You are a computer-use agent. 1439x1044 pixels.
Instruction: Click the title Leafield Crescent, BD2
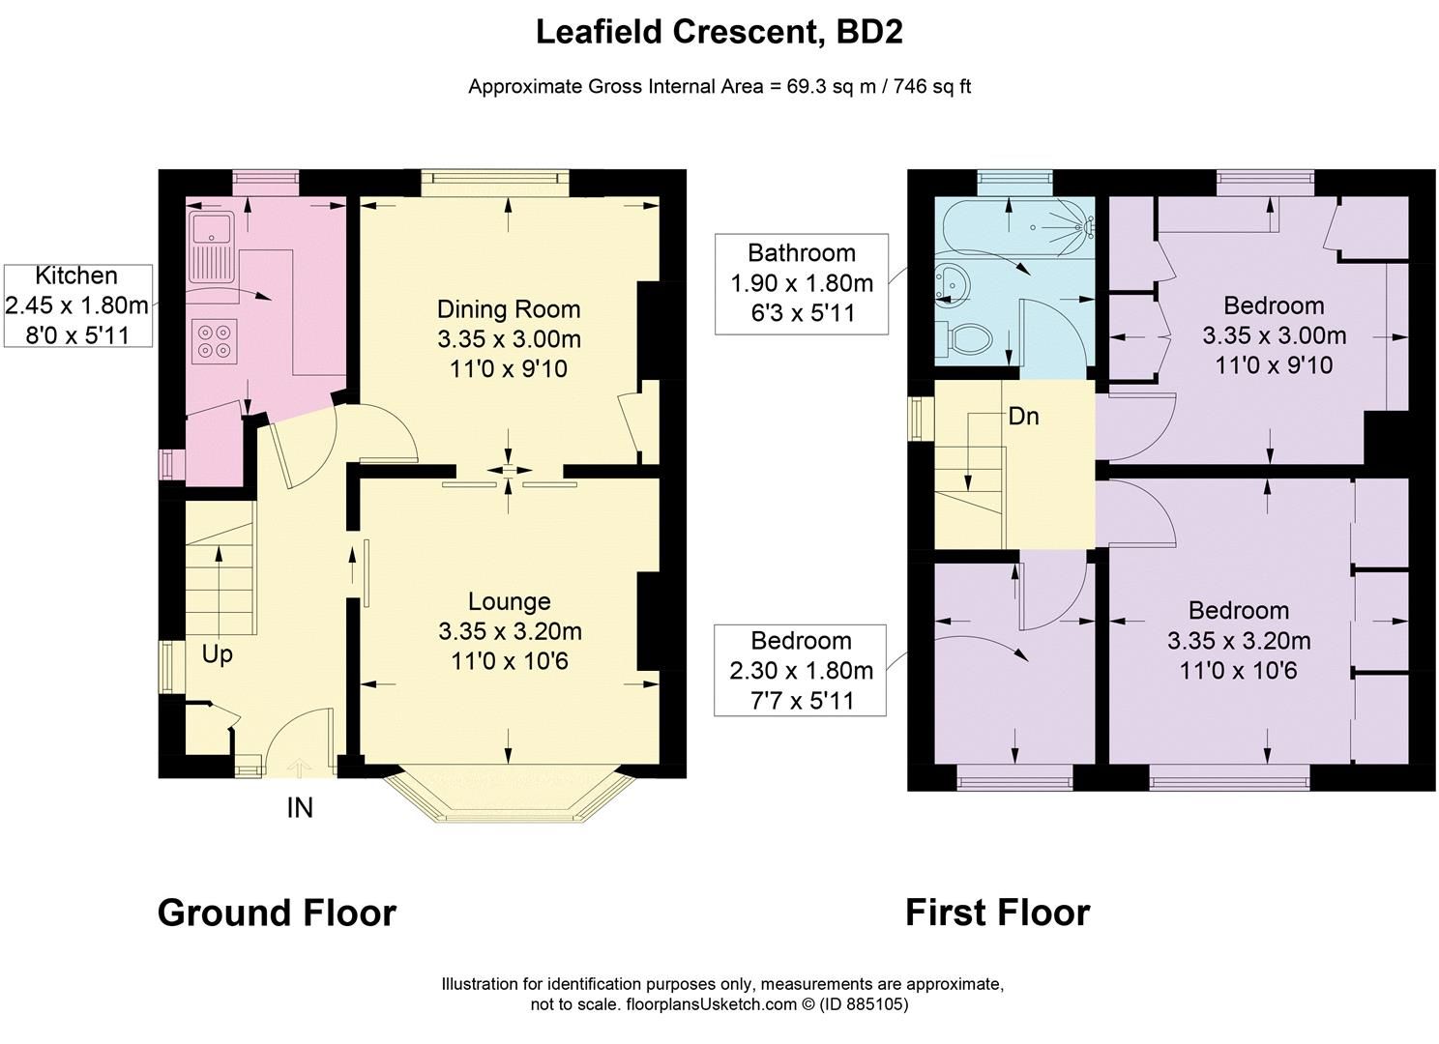coord(719,32)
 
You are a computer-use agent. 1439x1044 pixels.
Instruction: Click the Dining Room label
coord(509,309)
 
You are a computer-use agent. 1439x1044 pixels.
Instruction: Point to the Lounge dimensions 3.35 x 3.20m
coord(510,632)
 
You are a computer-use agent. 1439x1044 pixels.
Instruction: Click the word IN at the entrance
coord(300,807)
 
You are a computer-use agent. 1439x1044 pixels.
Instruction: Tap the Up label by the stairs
coord(217,654)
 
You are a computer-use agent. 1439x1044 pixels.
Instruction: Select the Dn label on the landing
coord(1023,416)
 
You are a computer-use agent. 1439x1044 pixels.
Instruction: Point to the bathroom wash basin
coord(952,283)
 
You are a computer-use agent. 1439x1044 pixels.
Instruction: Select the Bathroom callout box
coord(801,283)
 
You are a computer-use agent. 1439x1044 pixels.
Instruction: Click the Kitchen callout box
coord(76,305)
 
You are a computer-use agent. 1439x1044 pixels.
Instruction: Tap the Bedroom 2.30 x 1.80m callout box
coord(800,670)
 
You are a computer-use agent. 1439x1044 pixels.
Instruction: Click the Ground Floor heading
coord(277,913)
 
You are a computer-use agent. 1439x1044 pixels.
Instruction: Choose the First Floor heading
coord(997,913)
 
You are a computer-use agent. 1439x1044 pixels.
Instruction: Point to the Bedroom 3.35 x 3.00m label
coord(1274,334)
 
